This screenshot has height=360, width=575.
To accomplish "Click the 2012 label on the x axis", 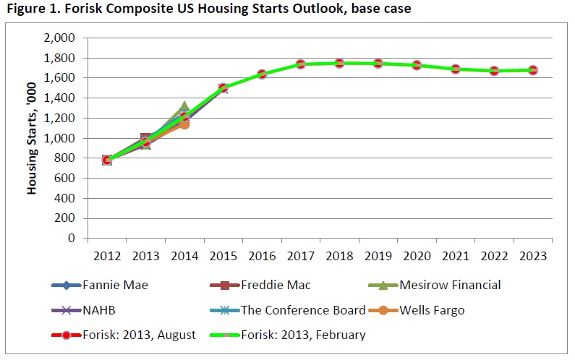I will point(106,256).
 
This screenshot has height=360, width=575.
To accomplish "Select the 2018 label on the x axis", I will point(339,256).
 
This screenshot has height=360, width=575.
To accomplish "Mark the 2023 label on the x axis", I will point(533,256).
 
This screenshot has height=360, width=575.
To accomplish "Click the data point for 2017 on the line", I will point(300,64).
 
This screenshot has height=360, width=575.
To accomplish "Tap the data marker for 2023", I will point(533,70).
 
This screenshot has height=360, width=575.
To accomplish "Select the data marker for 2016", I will point(262,74).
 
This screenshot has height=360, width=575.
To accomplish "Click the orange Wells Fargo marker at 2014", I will point(184,124).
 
